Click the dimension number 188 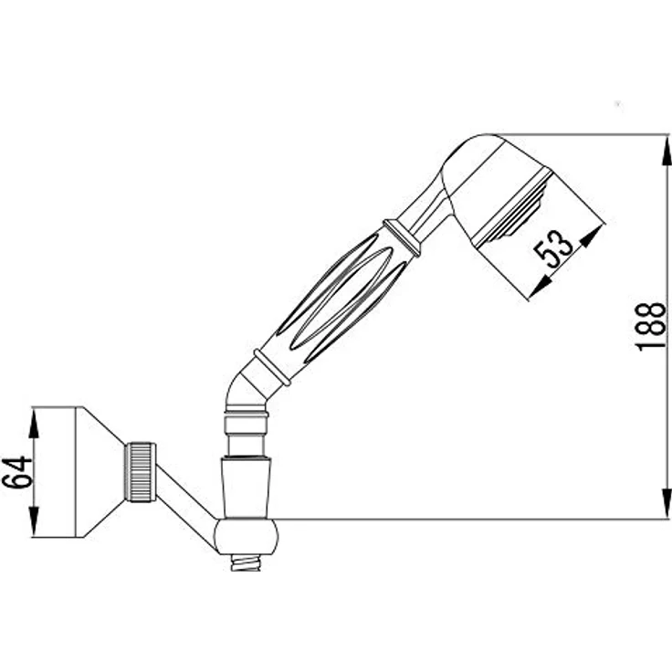coord(651,327)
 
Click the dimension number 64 coord(16,472)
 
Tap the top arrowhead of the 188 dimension coord(667,150)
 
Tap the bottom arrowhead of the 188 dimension coord(667,504)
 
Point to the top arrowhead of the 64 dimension coord(34,422)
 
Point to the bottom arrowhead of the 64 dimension coord(34,521)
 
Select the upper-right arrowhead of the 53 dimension coord(591,236)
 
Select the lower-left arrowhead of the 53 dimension coord(540,286)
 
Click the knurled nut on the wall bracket coord(140,472)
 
